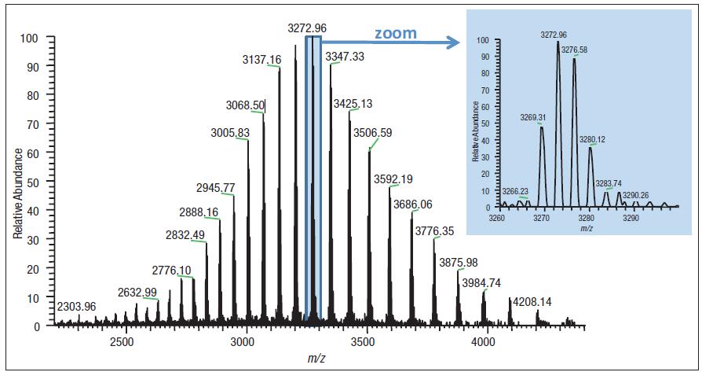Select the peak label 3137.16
(261, 59)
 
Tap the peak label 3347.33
(346, 57)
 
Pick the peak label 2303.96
(76, 306)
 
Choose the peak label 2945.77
(216, 187)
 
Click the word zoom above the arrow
(395, 34)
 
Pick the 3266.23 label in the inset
(517, 190)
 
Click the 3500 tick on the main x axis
(364, 343)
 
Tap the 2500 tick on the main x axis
(122, 343)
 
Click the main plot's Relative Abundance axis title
(17, 180)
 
